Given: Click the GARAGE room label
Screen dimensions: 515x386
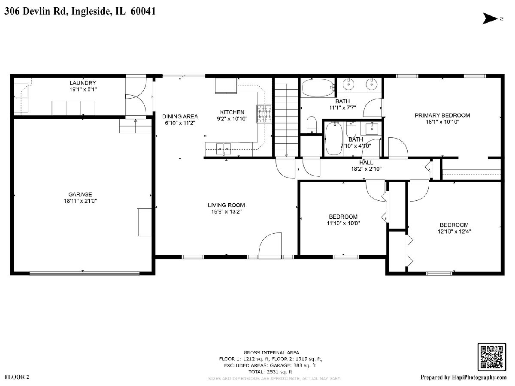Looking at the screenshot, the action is (80, 194).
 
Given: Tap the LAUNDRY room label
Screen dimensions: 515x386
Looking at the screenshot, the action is (83, 83).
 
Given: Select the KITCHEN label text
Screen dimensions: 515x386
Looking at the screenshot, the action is (232, 112).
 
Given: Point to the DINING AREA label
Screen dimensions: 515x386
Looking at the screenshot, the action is (180, 117).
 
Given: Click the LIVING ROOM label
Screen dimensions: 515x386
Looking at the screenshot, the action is (226, 205).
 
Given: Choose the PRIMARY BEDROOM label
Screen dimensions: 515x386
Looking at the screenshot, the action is (442, 115).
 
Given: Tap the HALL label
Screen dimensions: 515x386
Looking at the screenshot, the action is (366, 163).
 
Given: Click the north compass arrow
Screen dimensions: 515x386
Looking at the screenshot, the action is (490, 18).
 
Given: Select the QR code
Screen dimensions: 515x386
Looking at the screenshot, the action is (492, 357).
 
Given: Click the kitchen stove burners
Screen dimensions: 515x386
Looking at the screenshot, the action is (264, 114).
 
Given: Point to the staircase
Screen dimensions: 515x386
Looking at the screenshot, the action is (286, 117).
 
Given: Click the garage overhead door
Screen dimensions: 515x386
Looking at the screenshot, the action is (85, 273).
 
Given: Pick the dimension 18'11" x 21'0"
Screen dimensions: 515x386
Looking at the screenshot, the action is (80, 201).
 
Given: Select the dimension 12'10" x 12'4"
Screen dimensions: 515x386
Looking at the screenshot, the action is (454, 232).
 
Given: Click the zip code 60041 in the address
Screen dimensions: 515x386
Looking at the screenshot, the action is (143, 11).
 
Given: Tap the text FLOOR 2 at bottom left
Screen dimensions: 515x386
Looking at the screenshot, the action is (17, 377).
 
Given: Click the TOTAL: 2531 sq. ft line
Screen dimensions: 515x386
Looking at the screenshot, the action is (270, 371).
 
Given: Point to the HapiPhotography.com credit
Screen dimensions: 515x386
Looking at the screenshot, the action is (463, 377).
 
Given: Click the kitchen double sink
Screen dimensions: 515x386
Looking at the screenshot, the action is (223, 148).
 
